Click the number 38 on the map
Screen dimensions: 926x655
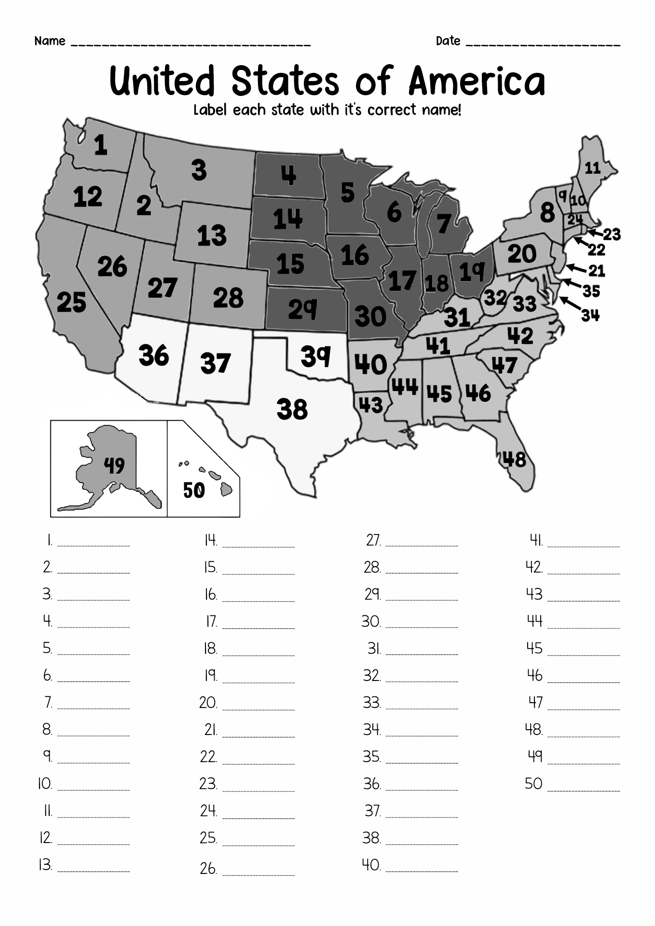coord(292,409)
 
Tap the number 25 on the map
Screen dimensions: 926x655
coord(71,303)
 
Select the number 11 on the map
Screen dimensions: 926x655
coord(592,167)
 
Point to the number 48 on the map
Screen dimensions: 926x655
coord(515,460)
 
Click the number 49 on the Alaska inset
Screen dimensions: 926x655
coord(114,465)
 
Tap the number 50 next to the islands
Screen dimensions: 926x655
coord(194,490)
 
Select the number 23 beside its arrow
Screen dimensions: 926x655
coord(612,234)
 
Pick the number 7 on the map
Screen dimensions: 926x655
coord(443,223)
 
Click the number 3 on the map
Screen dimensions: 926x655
coord(199,170)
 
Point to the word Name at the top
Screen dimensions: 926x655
coord(50,41)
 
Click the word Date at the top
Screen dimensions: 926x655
coord(448,41)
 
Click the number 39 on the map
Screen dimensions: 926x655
coord(315,356)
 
